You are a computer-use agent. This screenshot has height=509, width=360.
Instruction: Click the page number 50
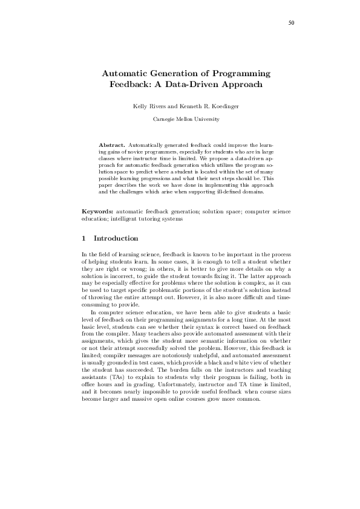pyautogui.click(x=291, y=22)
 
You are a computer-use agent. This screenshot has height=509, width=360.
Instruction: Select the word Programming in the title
pyautogui.click(x=240, y=73)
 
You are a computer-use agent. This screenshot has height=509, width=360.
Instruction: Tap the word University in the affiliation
pyautogui.click(x=205, y=119)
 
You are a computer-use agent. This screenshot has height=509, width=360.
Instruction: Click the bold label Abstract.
pyautogui.click(x=112, y=146)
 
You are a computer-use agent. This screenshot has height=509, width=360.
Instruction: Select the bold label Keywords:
pyautogui.click(x=97, y=212)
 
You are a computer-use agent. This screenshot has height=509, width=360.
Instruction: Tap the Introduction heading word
pyautogui.click(x=116, y=238)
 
